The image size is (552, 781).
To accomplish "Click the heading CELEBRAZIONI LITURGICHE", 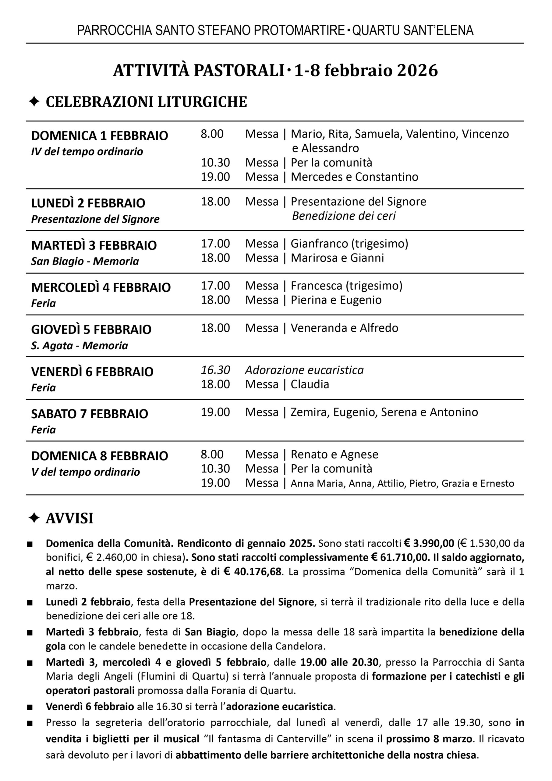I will [x=146, y=102].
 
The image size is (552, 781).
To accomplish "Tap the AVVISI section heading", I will [x=69, y=518].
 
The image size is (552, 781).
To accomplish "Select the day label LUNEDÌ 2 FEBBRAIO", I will [x=88, y=203].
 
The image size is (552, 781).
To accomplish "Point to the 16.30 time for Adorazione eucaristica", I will [x=215, y=370].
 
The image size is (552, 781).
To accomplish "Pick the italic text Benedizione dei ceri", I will [x=344, y=216].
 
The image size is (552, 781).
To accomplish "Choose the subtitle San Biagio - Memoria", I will [x=85, y=261].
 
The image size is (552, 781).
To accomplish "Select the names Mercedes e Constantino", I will [x=355, y=177].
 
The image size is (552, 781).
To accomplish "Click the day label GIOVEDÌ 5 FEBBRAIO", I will [x=91, y=330].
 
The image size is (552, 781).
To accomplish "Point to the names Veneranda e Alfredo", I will [x=344, y=328].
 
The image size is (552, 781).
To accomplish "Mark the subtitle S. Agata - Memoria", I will [x=80, y=345].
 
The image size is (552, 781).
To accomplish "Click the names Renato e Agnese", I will [x=334, y=454].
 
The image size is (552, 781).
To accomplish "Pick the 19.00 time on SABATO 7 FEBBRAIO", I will [x=215, y=412].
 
